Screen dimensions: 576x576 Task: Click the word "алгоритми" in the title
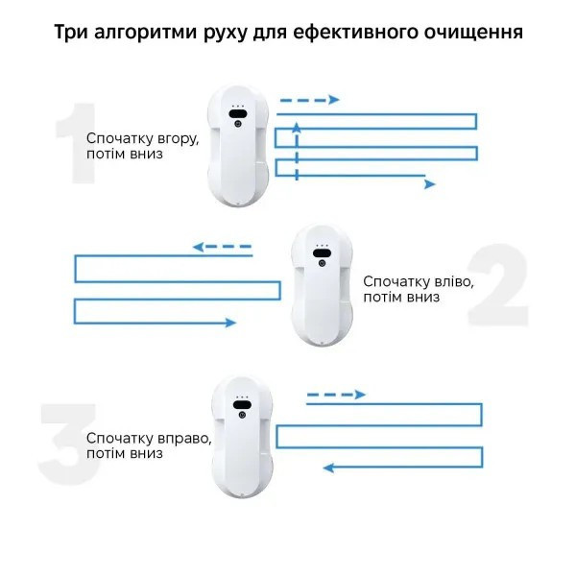pyautogui.click(x=145, y=33)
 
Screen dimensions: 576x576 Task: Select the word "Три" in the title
pyautogui.click(x=70, y=32)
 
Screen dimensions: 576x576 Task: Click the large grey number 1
pyautogui.click(x=77, y=143)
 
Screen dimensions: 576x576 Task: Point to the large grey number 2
pyautogui.click(x=497, y=285)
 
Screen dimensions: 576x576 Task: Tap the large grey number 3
pyautogui.click(x=69, y=444)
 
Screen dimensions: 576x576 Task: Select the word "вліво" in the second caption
pyautogui.click(x=454, y=281)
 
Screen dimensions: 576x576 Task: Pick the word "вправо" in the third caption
pyautogui.click(x=184, y=439)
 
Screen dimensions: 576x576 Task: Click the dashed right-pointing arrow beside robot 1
pyautogui.click(x=310, y=100)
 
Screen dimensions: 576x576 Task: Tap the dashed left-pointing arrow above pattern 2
pyautogui.click(x=223, y=247)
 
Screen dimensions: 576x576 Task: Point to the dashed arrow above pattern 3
pyautogui.click(x=336, y=395)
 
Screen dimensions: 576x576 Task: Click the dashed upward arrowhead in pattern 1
pyautogui.click(x=297, y=128)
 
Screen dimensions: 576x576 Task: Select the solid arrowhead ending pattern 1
pyautogui.click(x=430, y=184)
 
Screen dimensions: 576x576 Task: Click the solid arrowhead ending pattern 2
pyautogui.click(x=230, y=323)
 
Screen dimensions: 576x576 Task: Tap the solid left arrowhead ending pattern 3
pyautogui.click(x=328, y=468)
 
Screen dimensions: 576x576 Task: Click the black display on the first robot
pyautogui.click(x=237, y=113)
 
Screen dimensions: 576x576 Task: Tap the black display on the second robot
pyautogui.click(x=322, y=253)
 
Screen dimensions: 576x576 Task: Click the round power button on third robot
pyautogui.click(x=242, y=415)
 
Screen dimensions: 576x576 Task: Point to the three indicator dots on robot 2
pyautogui.click(x=322, y=245)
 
